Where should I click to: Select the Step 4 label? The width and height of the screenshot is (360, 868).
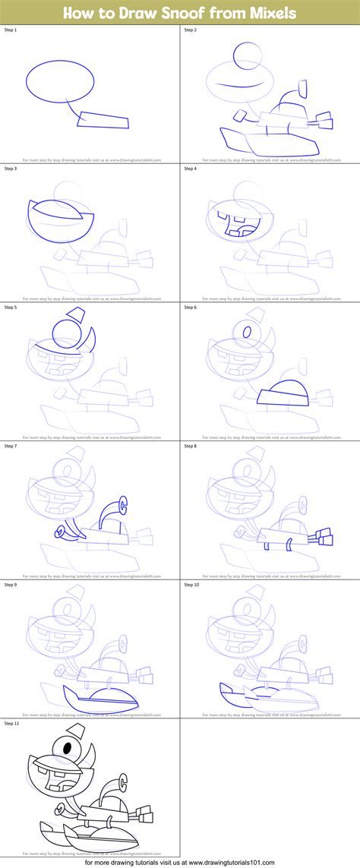coord(191,168)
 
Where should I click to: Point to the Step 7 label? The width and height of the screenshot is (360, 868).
coord(12,446)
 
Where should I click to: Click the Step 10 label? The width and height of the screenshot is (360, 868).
coord(193,585)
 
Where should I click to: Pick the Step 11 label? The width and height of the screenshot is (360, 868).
coord(14,723)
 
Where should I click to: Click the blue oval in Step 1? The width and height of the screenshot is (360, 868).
coord(62,80)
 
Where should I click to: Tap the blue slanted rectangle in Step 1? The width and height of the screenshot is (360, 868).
coord(103,119)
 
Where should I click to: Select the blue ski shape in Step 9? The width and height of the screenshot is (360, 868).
coord(99,699)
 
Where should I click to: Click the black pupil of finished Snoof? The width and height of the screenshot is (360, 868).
coord(67,749)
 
